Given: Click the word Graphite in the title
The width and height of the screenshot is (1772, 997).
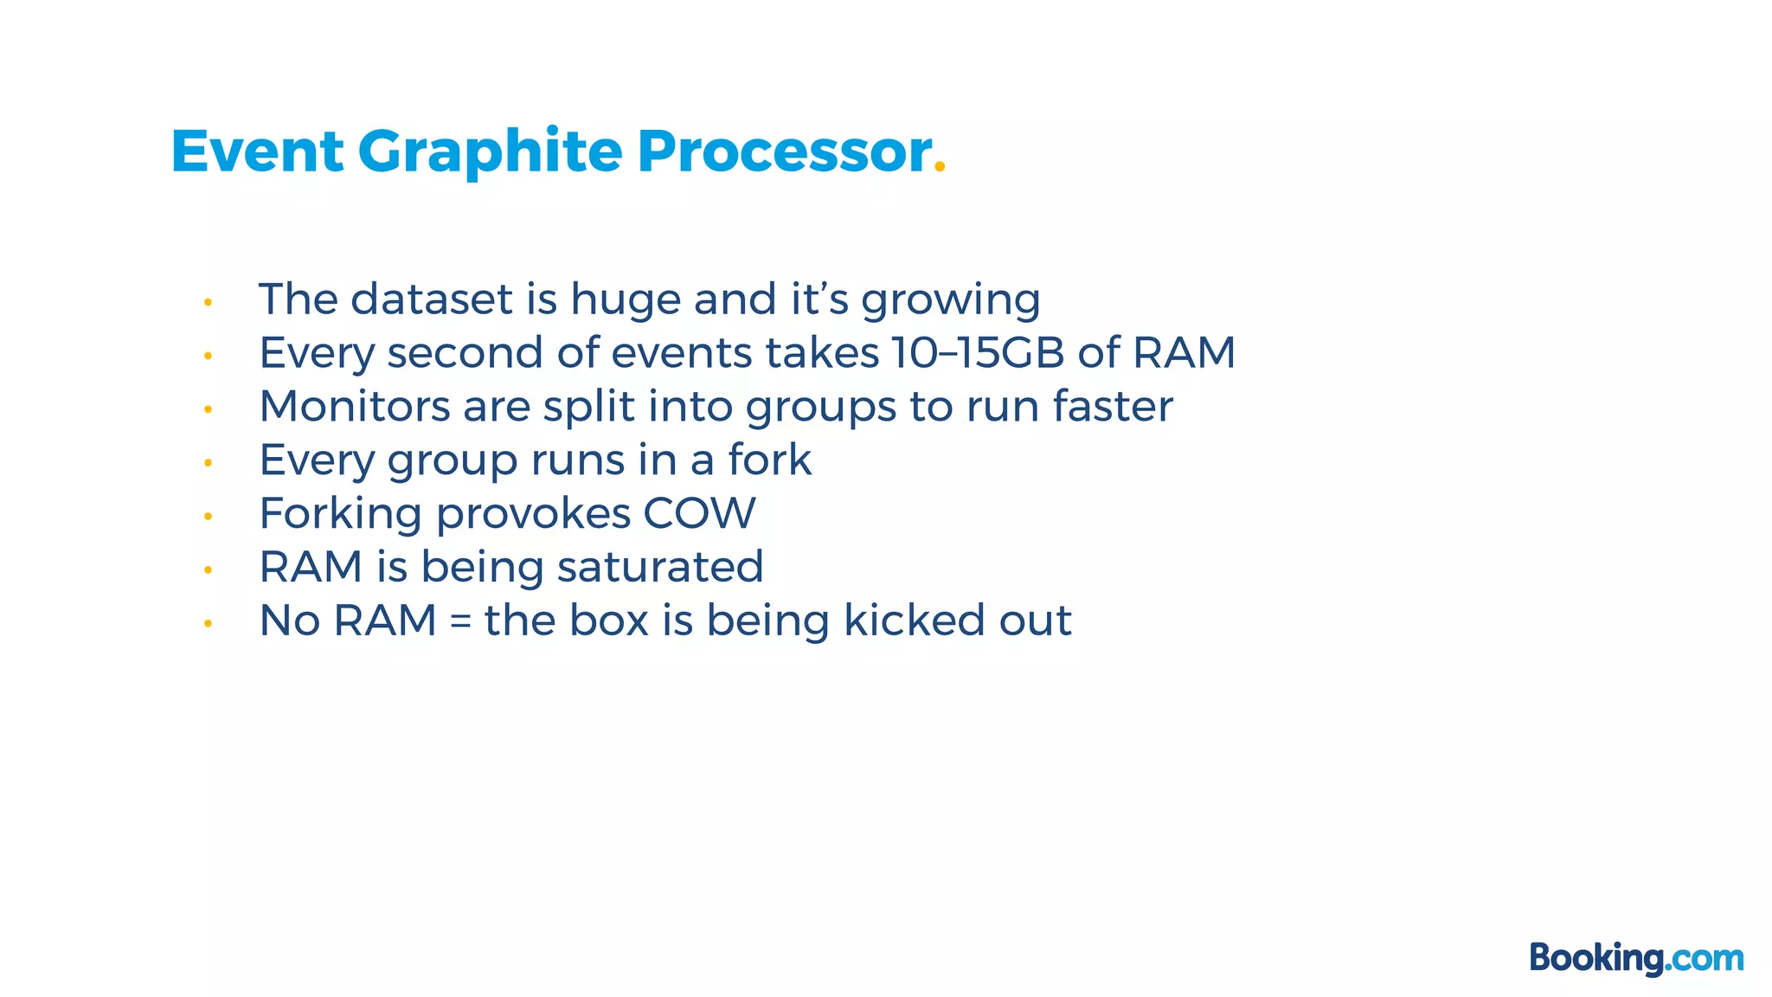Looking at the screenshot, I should click(x=490, y=153).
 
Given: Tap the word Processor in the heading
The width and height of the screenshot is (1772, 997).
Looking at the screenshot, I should click(x=784, y=151).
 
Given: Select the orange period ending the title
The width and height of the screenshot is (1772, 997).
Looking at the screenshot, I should click(x=941, y=170).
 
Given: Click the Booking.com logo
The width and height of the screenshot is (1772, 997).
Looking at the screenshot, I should click(x=1636, y=958).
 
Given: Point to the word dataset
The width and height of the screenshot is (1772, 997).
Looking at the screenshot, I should click(x=432, y=299).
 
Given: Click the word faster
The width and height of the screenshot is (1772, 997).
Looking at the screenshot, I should click(x=1113, y=406).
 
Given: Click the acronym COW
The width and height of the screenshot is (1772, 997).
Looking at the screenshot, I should click(x=699, y=513).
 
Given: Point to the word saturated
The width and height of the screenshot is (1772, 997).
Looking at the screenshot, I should click(x=660, y=567).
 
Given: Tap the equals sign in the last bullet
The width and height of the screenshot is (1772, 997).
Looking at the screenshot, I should click(x=460, y=622).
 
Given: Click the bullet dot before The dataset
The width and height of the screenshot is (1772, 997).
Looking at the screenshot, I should click(x=208, y=302).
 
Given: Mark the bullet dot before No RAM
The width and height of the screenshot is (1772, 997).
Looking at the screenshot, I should click(x=208, y=623).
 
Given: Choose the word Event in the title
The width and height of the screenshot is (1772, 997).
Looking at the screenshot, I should click(x=257, y=151).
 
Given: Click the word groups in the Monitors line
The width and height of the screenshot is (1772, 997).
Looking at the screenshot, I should click(x=821, y=408).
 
